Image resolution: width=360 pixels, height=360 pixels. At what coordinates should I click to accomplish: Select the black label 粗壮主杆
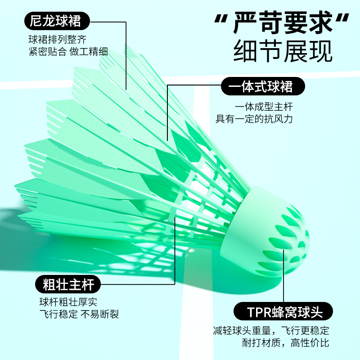coord(68,284)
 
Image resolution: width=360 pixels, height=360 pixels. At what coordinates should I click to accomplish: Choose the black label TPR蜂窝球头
coord(283,311)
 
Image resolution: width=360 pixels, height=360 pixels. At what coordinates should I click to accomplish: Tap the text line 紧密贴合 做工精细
coord(68,51)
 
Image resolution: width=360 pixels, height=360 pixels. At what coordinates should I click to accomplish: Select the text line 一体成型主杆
coord(264,107)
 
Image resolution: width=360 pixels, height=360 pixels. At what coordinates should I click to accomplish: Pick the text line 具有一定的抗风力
coord(254,119)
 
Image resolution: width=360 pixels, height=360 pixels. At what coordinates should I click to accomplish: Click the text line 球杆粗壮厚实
coord(67,303)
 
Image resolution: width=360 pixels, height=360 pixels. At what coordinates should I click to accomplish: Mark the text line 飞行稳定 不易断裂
coord(79,314)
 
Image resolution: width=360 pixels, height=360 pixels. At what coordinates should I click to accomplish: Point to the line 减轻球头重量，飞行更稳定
coord(271,331)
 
